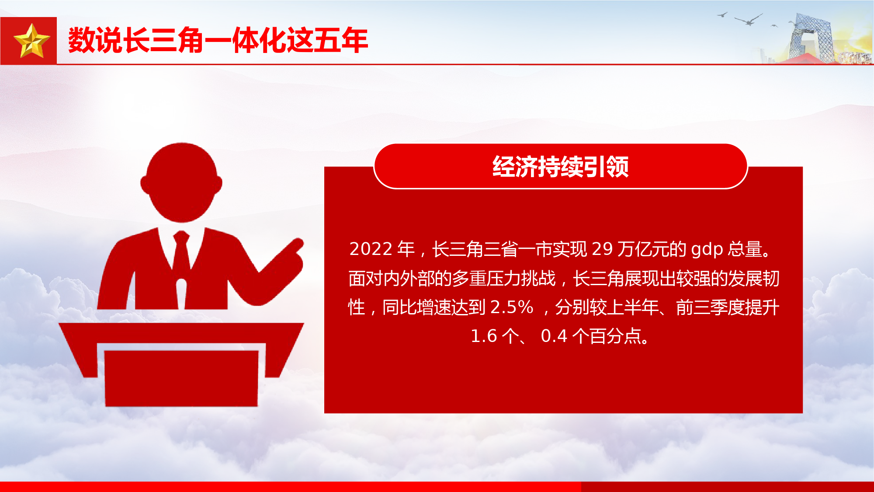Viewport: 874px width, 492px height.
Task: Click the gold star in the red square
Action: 32,41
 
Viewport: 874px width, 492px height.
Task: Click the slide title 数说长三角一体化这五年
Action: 218,40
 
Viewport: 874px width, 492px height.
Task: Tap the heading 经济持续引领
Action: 561,167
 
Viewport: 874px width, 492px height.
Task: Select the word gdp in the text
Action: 707,249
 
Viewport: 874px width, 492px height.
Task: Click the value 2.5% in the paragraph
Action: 512,307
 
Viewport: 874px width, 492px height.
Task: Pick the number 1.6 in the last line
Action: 484,336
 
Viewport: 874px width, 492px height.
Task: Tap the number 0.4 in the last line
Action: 554,336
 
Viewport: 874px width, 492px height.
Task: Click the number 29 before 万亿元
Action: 602,249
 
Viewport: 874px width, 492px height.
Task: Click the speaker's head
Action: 181,182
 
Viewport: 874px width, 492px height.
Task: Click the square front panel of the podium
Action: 181,378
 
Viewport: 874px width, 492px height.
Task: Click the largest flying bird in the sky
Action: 749,19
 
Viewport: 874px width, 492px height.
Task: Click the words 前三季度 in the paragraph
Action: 710,307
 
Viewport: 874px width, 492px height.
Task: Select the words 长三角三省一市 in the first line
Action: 492,249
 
